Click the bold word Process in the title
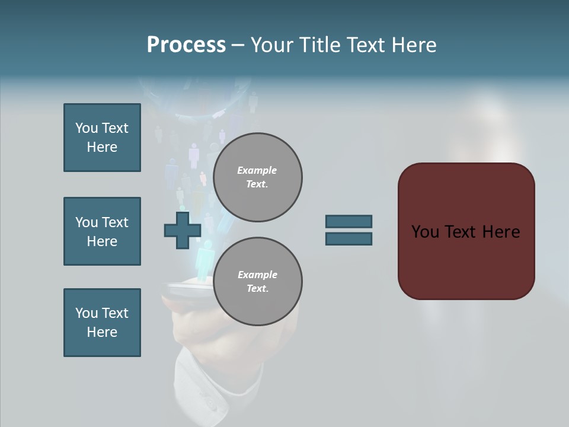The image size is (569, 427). [186, 45]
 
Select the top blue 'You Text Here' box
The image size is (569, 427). [102, 138]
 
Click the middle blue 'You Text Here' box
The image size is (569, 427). [102, 231]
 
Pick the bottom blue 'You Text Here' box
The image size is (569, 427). [102, 323]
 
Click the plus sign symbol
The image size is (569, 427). [183, 230]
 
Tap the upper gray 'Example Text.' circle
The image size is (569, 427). [258, 177]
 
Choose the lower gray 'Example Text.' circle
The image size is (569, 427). [258, 281]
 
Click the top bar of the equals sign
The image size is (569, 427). [349, 221]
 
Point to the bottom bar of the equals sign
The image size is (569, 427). [349, 238]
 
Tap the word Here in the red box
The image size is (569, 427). [501, 232]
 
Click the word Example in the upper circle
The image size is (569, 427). [257, 170]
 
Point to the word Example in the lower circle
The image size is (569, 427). [257, 275]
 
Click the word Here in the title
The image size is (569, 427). [414, 45]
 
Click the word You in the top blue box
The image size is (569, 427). [86, 128]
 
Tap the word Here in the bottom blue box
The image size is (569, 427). [102, 332]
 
